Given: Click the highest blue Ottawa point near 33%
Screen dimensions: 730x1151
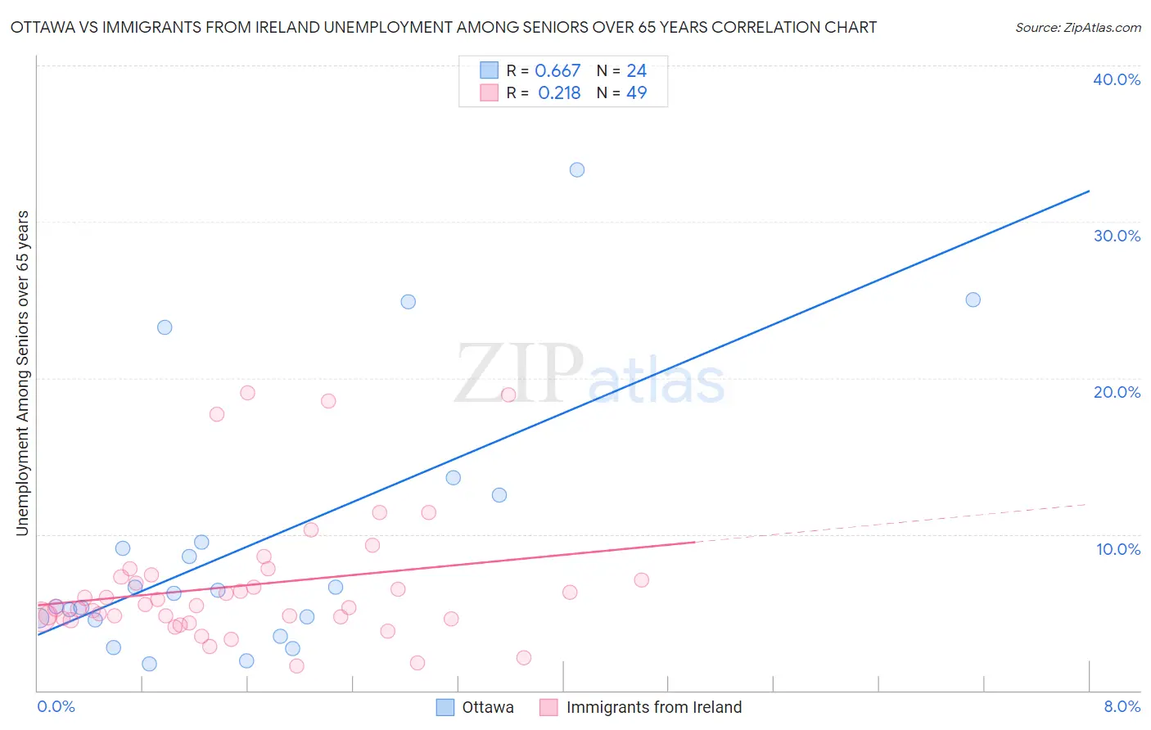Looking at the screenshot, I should [577, 170].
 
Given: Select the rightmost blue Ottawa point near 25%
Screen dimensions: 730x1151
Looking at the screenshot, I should [973, 300].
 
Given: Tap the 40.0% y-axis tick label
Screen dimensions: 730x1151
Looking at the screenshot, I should [1117, 79].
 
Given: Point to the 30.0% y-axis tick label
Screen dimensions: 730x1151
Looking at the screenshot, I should [1117, 236].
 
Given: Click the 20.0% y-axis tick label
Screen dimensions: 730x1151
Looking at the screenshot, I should [1117, 392].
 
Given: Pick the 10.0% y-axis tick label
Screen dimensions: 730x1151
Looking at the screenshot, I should [1118, 549].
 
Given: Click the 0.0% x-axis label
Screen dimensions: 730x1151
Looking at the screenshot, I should [56, 706].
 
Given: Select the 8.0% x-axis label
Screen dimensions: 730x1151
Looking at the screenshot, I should [1122, 706].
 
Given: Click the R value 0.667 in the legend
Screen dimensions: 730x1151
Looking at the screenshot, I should [557, 71].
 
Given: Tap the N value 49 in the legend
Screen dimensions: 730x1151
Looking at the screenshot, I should [636, 93].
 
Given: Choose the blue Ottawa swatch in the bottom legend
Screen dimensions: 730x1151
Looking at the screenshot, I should [445, 707].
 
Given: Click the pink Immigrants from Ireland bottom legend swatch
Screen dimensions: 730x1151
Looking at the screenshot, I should [548, 707].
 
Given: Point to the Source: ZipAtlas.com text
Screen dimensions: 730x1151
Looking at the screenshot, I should [1077, 28].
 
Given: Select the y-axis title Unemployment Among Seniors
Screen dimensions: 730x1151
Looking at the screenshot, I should [22, 373].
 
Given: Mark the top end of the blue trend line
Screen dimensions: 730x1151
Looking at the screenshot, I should [1089, 191].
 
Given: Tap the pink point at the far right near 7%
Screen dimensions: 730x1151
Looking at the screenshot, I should [641, 580].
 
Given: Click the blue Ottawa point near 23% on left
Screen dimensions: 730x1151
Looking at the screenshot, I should [165, 327].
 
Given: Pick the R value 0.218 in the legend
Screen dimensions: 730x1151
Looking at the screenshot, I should [559, 93].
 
